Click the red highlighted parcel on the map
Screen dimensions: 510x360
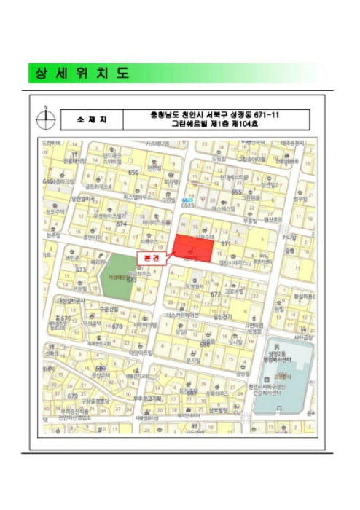193,248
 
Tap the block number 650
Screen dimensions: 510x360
133,172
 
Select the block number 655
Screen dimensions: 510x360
237,192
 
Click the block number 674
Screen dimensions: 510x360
121,224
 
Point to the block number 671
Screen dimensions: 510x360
227,243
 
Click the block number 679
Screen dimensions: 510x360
72,396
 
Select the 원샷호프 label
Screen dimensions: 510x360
273,219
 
